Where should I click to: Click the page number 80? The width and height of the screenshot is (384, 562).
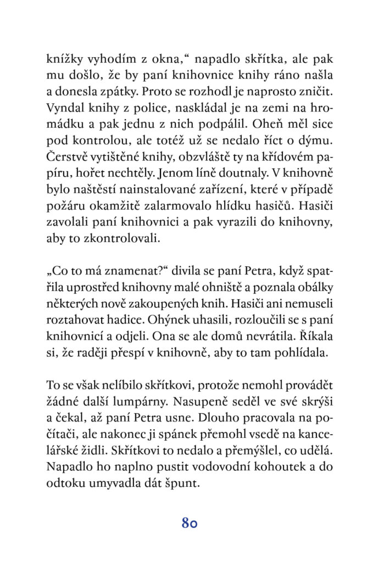tap(189, 522)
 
